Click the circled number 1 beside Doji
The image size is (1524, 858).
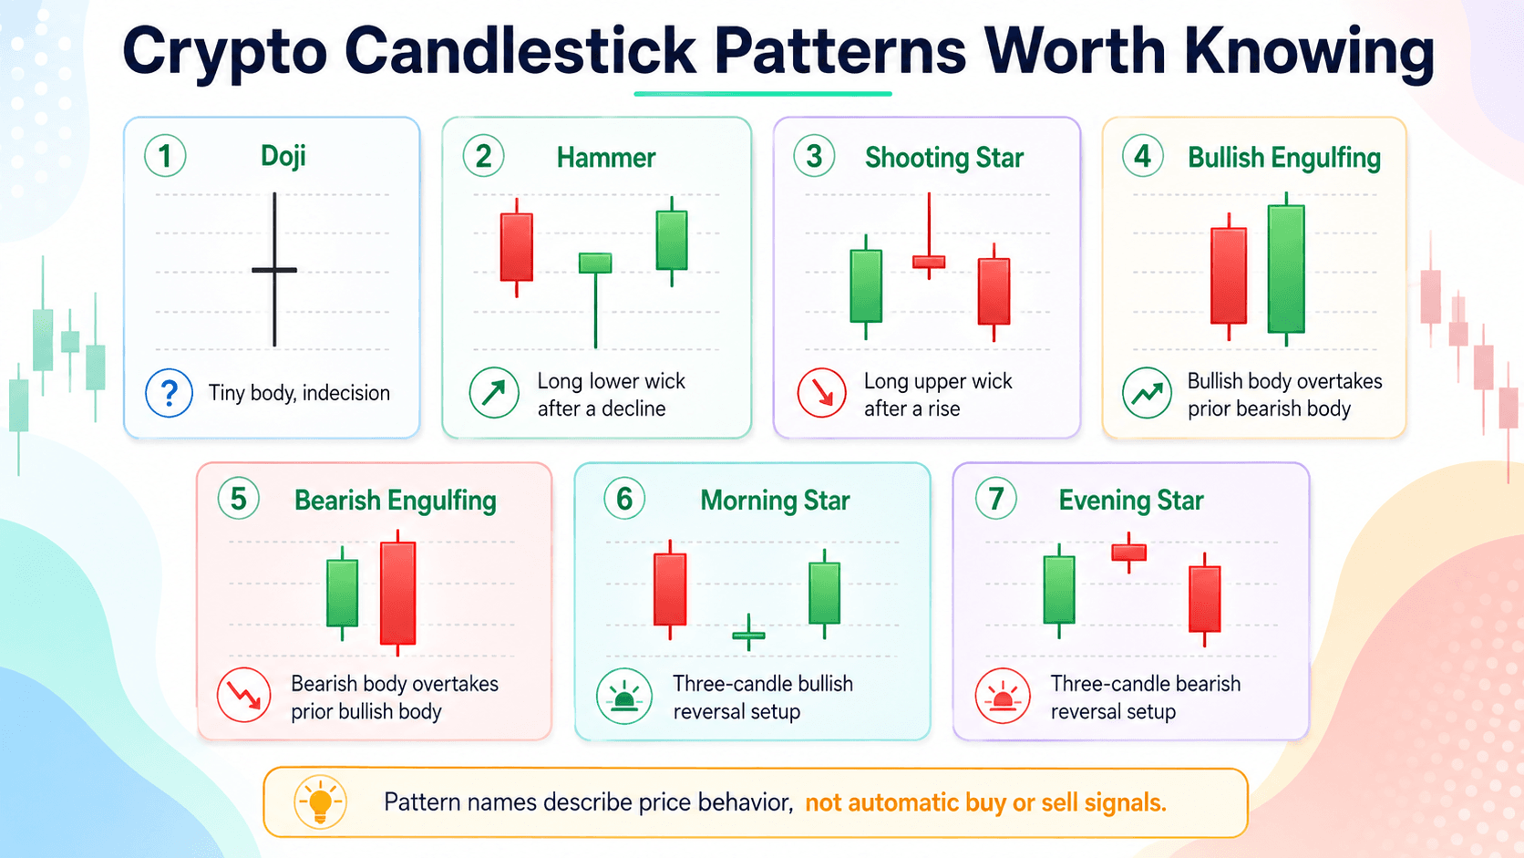pos(165,156)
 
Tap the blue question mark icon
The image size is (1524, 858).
pos(169,393)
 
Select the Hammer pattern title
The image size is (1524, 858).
pos(605,158)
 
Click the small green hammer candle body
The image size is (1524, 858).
pos(595,263)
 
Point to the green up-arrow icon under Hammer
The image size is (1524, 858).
pos(494,393)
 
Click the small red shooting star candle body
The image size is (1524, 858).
pos(929,262)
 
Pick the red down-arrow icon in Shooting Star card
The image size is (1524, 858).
pos(822,393)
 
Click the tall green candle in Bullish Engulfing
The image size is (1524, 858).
pos(1286,269)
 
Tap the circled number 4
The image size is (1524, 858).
pos(1142,157)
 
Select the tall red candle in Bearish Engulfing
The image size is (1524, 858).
pos(397,593)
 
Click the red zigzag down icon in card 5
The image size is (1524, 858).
pos(243,695)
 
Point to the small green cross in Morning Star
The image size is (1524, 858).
pos(748,634)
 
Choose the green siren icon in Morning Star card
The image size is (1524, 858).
pos(623,696)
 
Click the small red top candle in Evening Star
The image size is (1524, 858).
pos(1128,553)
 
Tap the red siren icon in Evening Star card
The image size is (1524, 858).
pos(1002,696)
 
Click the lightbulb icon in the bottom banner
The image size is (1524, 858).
pos(320,801)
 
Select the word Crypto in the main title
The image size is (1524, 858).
pos(224,53)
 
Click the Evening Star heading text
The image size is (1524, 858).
pos(1131,501)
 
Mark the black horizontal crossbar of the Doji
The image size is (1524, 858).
pos(274,270)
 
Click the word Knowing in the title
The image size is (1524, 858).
pos(1309,53)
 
